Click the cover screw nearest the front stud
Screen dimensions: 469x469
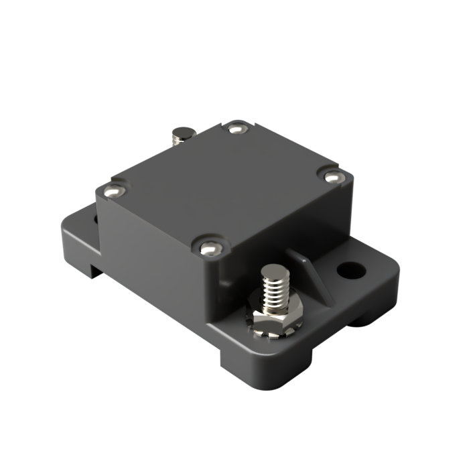(x=210, y=248)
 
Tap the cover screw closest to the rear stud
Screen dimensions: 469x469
(x=236, y=127)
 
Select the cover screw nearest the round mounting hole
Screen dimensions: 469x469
(x=333, y=176)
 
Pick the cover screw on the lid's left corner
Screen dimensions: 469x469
(x=113, y=192)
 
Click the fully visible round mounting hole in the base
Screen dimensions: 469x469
(x=351, y=270)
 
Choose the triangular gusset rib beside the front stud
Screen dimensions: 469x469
(x=310, y=275)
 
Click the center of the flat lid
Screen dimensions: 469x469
(x=221, y=184)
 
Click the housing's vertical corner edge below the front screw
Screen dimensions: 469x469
(x=212, y=288)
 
